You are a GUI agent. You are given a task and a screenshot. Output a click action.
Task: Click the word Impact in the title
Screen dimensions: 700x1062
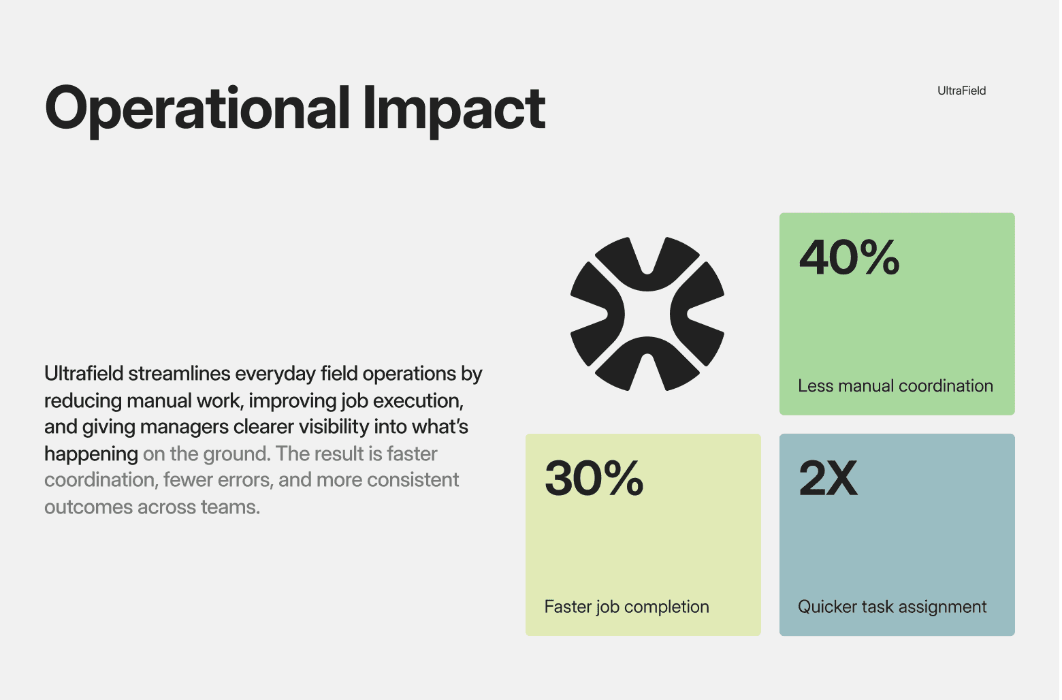click(454, 109)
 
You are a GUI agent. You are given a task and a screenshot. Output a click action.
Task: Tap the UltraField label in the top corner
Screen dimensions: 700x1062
click(961, 91)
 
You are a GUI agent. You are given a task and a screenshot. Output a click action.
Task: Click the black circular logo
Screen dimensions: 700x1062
click(647, 314)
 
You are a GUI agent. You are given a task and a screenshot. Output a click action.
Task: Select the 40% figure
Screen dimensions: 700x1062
click(849, 258)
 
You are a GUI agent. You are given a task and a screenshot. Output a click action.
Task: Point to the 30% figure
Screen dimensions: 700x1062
click(594, 478)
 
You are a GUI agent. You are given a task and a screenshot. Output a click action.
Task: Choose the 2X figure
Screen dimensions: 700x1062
click(828, 478)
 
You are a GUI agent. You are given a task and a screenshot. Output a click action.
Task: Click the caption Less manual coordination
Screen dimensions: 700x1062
click(895, 386)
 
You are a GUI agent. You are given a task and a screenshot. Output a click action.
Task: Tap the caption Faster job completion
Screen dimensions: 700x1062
click(626, 607)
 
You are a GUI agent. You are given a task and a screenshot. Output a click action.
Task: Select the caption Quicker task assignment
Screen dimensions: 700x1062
click(892, 607)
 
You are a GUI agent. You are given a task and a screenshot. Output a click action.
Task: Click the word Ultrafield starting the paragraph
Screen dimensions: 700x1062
click(84, 374)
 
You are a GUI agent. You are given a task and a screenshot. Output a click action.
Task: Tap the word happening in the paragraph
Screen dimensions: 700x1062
click(91, 454)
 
